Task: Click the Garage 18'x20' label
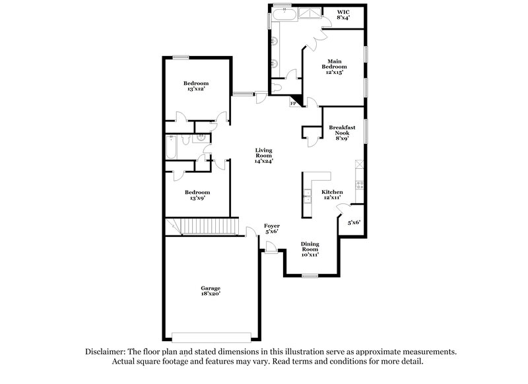coord(211,291)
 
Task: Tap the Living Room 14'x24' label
coord(264,156)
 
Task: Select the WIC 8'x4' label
coord(343,15)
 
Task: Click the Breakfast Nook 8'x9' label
coord(341,132)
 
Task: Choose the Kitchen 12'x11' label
coord(332,195)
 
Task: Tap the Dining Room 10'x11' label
coord(310,249)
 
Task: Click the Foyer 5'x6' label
coord(271,228)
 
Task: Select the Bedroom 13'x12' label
coord(197,86)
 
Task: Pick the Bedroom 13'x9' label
coord(197,195)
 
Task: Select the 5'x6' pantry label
coord(354,223)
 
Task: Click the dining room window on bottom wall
coord(310,276)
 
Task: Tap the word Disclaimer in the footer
coord(108,353)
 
